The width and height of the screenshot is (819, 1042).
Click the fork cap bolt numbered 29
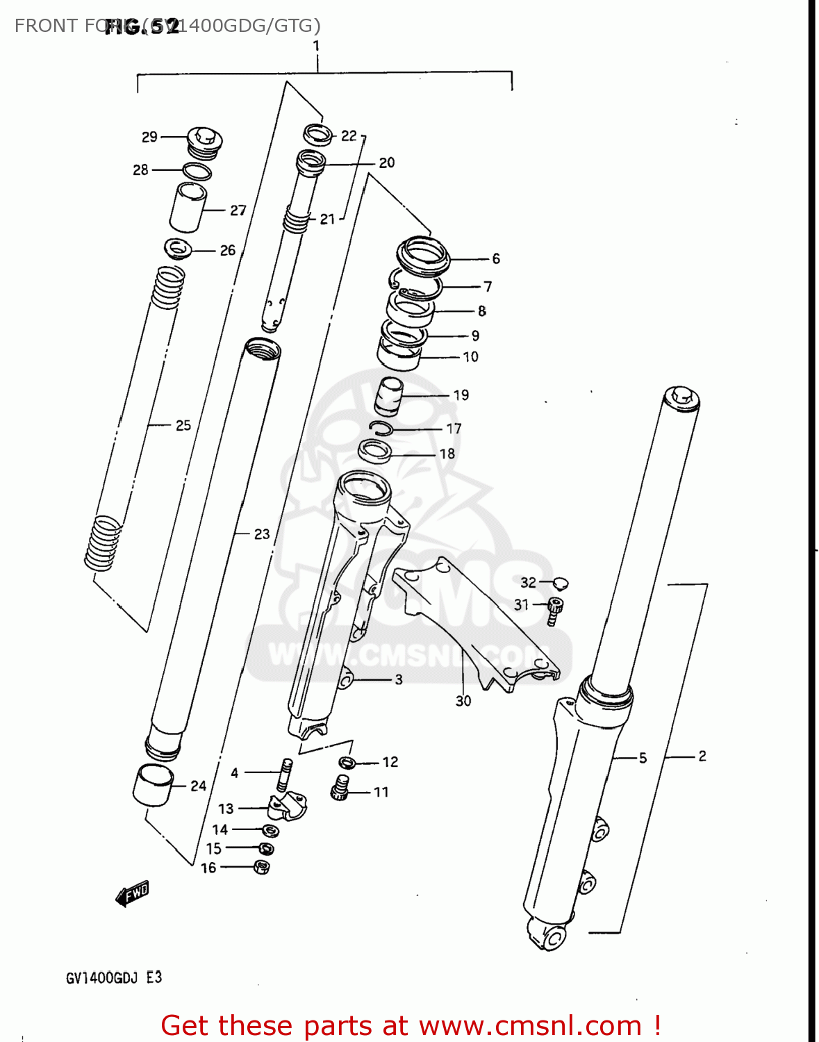pyautogui.click(x=204, y=140)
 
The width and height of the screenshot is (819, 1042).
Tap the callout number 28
pyautogui.click(x=140, y=170)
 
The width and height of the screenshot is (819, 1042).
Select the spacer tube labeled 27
pyautogui.click(x=188, y=207)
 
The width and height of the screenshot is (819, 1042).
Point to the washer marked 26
pyautogui.click(x=178, y=247)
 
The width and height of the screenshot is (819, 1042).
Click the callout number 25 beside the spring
pyautogui.click(x=183, y=425)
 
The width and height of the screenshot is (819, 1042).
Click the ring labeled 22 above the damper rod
pyautogui.click(x=318, y=134)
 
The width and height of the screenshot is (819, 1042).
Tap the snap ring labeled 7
pyautogui.click(x=415, y=285)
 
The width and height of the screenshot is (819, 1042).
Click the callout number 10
pyautogui.click(x=470, y=357)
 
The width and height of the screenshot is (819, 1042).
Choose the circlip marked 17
pyautogui.click(x=381, y=429)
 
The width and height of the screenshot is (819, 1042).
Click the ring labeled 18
pyautogui.click(x=375, y=452)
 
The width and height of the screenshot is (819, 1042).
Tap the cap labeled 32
pyautogui.click(x=561, y=583)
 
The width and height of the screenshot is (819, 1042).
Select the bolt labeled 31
pyautogui.click(x=554, y=609)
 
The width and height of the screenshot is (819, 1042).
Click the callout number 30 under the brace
pyautogui.click(x=463, y=702)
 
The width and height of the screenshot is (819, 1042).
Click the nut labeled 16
pyautogui.click(x=261, y=867)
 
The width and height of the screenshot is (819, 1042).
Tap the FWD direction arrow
pyautogui.click(x=132, y=894)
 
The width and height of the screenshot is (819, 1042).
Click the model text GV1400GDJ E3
pyautogui.click(x=113, y=977)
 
